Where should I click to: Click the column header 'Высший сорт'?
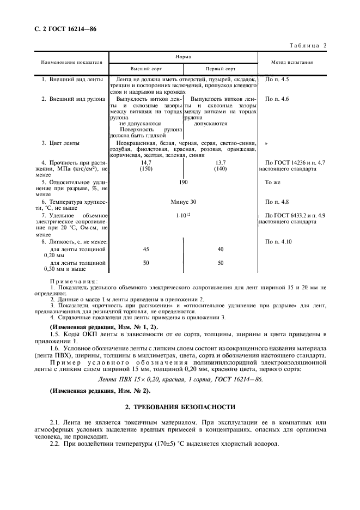coord(146,69)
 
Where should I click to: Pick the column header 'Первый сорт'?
coord(220,69)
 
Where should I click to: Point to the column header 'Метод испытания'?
coord(292,63)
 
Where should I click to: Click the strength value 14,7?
coord(146,163)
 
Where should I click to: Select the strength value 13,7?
coord(220,163)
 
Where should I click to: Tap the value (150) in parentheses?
coord(146,169)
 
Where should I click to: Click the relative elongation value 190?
coord(184,182)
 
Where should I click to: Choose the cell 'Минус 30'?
coord(184,202)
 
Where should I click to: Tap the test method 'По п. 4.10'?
coord(278,241)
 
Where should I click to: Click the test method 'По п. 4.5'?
coord(277,80)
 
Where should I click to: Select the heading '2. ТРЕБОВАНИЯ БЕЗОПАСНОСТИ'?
coord(181,406)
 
